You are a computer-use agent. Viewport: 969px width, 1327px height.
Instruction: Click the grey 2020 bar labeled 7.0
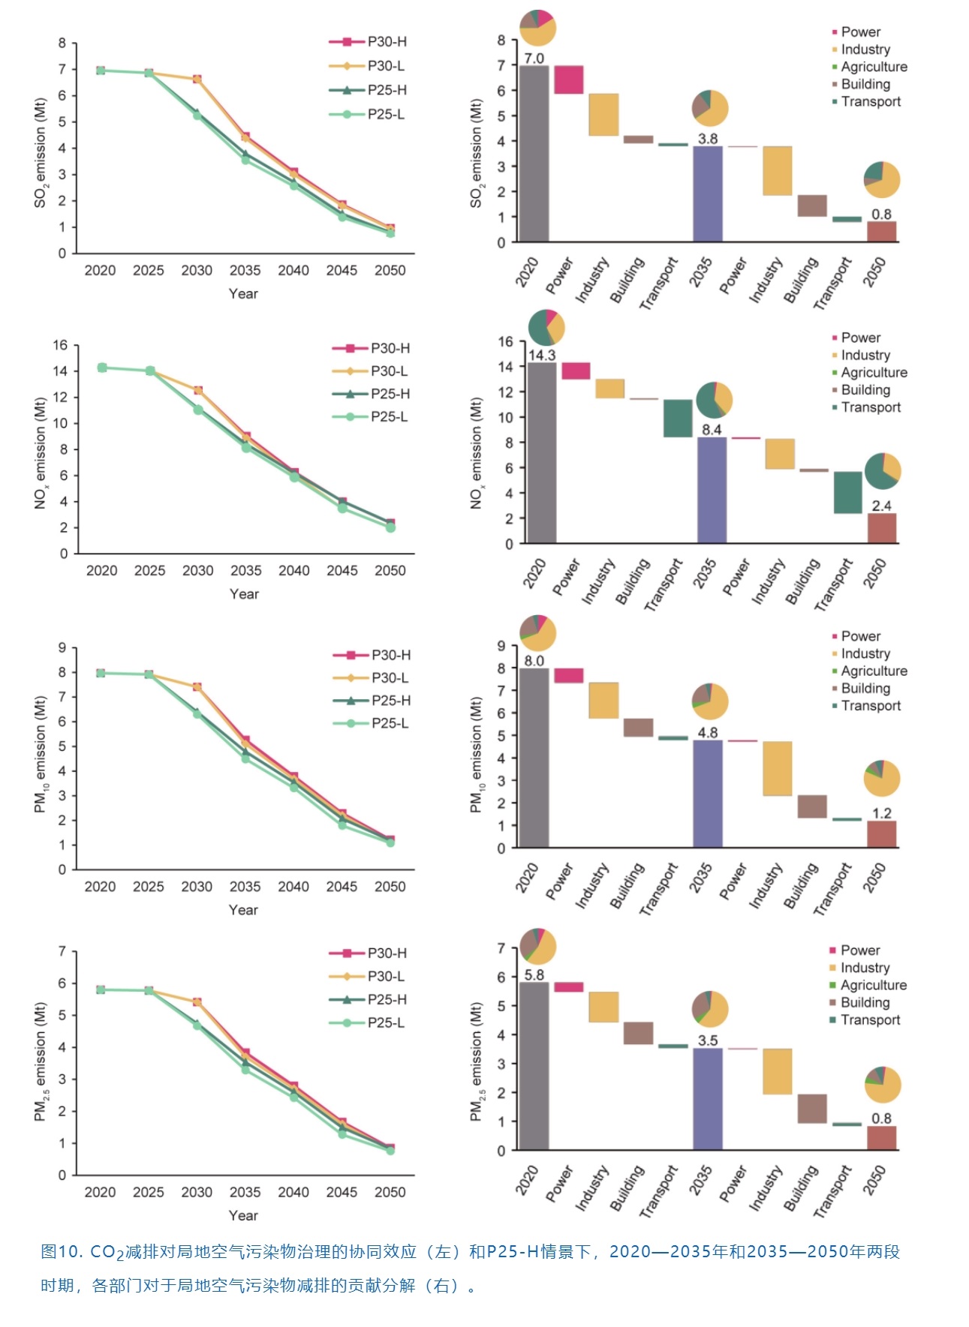[534, 154]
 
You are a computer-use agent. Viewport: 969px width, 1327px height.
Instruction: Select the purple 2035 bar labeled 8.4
[711, 490]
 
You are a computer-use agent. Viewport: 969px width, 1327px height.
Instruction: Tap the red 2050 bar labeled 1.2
[881, 834]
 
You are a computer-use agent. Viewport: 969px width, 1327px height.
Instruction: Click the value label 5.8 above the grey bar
[534, 975]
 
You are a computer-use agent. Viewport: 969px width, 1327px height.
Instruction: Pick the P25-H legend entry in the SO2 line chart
[368, 90]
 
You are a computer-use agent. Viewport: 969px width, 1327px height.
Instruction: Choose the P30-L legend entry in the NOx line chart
[371, 371]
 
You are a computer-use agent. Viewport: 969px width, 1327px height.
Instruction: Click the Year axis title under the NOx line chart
[244, 594]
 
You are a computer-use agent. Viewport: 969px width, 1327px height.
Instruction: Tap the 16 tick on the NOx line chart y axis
[60, 346]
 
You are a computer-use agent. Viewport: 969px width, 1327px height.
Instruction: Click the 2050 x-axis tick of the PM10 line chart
[390, 887]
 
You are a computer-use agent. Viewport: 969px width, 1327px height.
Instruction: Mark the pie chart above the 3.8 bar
[709, 108]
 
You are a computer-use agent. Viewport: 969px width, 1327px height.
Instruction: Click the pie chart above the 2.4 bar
[882, 471]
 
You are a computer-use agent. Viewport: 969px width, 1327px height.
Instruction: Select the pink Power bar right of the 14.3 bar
[576, 371]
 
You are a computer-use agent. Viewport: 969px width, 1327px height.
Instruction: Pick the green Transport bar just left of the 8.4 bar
[678, 418]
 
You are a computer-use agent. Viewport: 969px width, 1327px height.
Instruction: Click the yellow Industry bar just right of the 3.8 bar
[777, 171]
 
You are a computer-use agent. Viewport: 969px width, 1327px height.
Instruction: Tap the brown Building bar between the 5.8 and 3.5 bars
[638, 1033]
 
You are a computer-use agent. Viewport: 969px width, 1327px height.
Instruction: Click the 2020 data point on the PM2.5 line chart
[101, 989]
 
